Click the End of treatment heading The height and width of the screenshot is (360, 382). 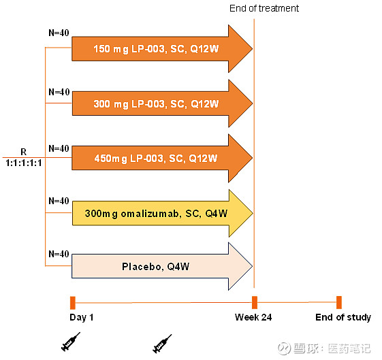click(x=264, y=8)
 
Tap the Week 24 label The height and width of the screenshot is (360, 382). click(x=253, y=317)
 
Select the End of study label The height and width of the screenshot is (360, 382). click(x=343, y=317)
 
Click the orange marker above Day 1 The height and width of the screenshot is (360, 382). click(x=72, y=303)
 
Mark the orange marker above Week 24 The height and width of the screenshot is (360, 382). click(x=254, y=303)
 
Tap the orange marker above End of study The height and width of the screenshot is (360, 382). click(x=338, y=303)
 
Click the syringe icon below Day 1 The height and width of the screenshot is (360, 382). click(x=70, y=342)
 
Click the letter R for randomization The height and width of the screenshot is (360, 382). click(x=23, y=152)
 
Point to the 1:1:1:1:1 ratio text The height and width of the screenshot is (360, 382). click(x=23, y=164)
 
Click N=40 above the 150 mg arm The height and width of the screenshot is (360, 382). click(x=59, y=33)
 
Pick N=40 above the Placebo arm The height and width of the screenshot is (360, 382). click(x=59, y=254)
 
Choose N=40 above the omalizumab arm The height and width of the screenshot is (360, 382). click(x=59, y=201)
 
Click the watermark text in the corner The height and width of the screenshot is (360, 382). click(x=333, y=348)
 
